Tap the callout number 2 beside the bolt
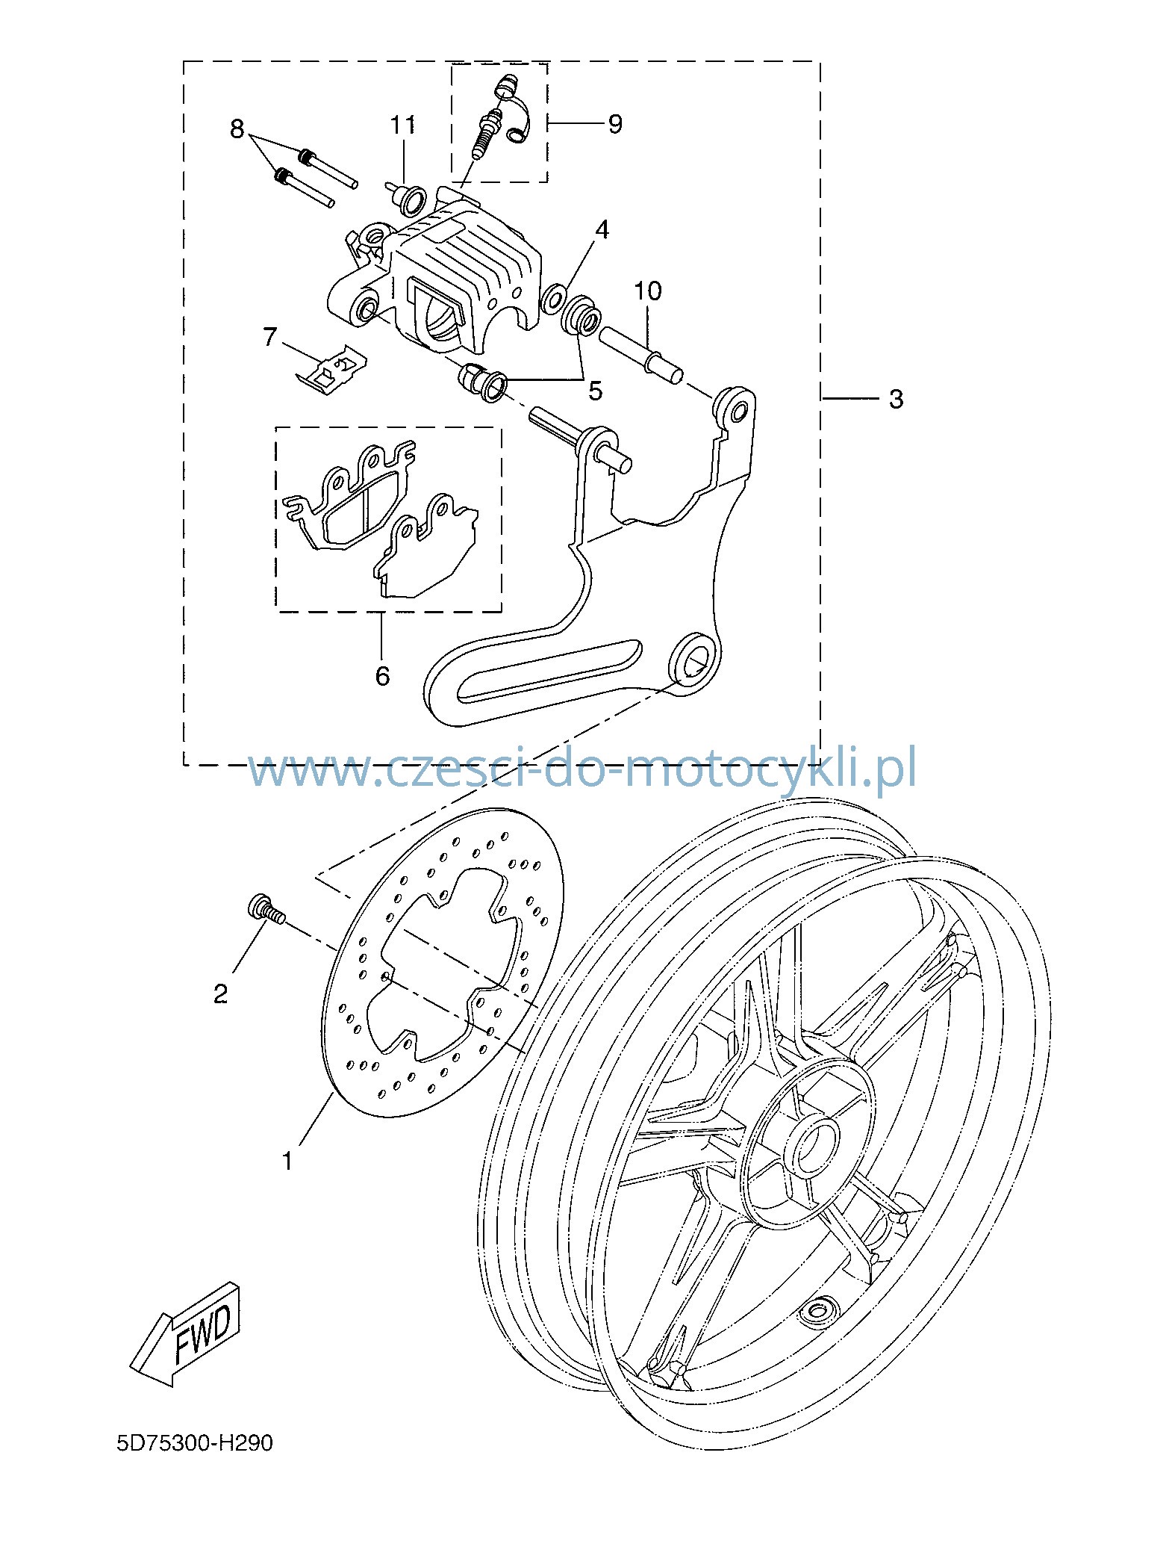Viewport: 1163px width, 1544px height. (x=220, y=994)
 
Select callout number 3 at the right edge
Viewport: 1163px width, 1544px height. (x=896, y=400)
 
